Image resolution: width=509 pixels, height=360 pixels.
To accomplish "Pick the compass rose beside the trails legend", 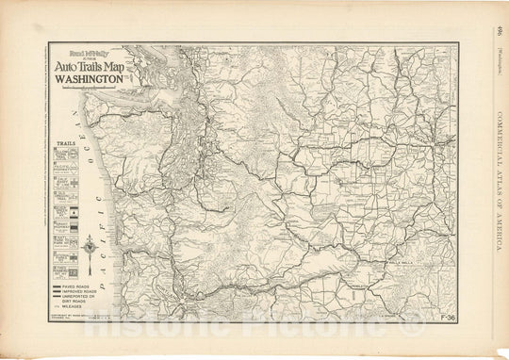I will coord(87,248).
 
